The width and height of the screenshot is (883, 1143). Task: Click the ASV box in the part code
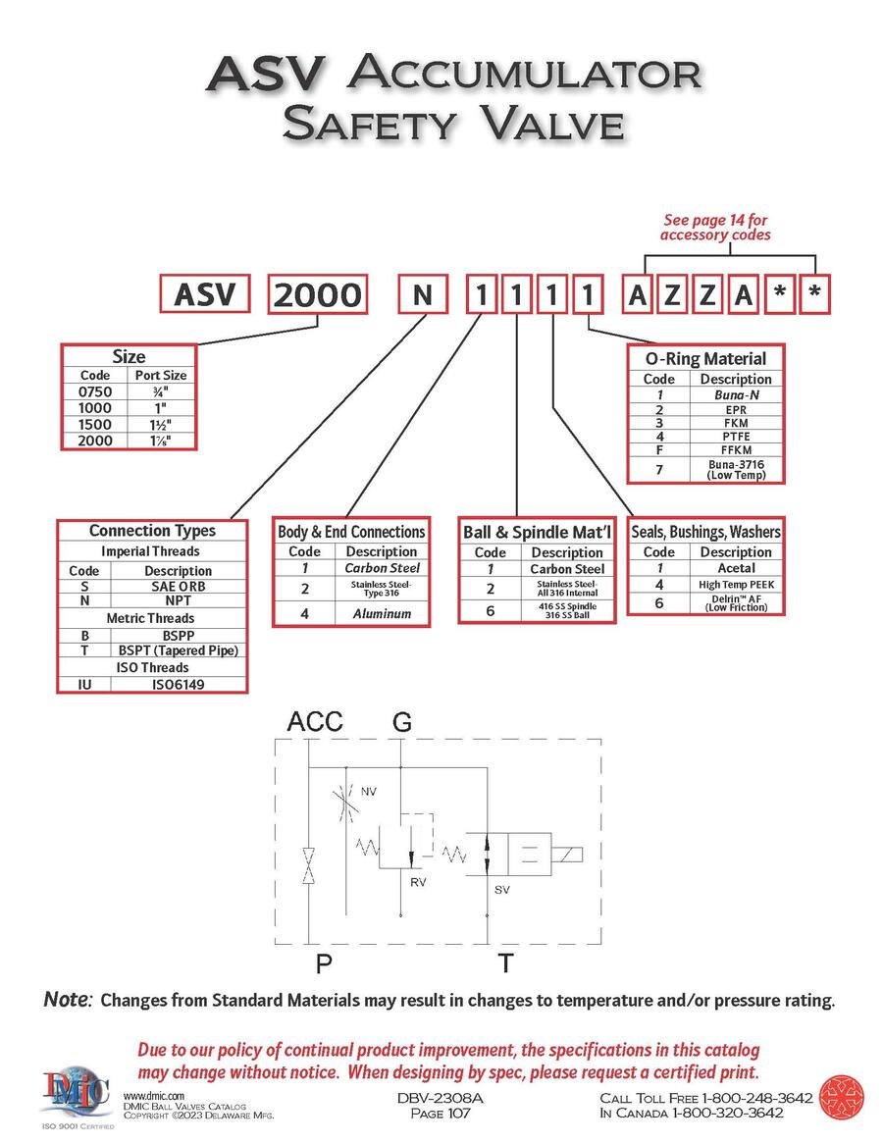point(205,293)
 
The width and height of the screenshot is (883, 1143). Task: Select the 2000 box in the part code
point(318,294)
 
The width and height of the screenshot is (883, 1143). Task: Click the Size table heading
point(130,356)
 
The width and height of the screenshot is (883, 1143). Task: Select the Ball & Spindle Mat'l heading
point(537,533)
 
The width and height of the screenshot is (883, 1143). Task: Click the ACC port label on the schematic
point(315,722)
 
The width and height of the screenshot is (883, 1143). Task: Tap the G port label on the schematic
point(402,722)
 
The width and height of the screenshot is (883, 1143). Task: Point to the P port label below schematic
point(323,964)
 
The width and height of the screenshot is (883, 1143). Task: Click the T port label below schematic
point(503,964)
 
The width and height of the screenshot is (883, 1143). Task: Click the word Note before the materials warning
point(67,1001)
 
